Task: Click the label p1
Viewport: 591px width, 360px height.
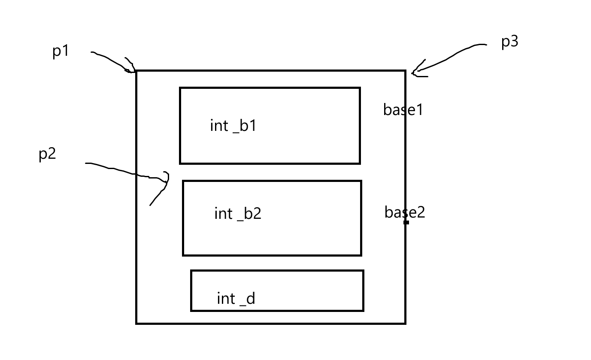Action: pos(61,51)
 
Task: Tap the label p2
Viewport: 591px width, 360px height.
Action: pos(47,154)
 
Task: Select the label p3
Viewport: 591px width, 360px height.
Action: pos(509,42)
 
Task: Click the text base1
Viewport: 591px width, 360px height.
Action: pos(403,110)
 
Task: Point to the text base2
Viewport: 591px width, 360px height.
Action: pos(404,212)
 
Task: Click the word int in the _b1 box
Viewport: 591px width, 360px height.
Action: pos(218,126)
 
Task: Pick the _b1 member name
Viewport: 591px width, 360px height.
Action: pos(245,126)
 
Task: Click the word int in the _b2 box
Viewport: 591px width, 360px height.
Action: pos(223,213)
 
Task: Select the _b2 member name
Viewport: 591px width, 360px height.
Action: pos(249,214)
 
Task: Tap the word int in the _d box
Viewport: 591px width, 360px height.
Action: pos(226,298)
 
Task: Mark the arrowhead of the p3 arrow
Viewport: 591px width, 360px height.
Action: pos(415,72)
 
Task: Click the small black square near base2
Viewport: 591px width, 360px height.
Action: pos(406,222)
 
